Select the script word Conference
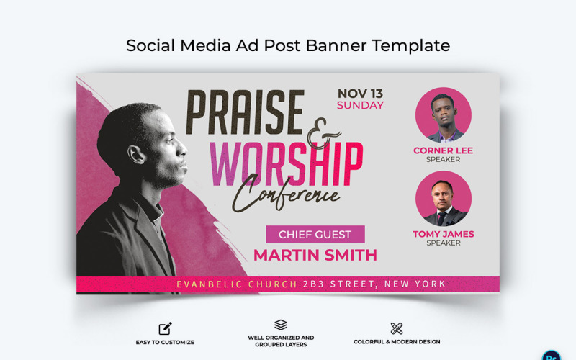point(286,192)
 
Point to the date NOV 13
point(360,93)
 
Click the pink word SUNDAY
point(360,105)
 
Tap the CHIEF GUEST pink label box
point(315,234)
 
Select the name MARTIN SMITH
point(315,255)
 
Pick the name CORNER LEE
point(443,150)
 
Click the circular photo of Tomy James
point(443,199)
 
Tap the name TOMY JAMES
point(443,234)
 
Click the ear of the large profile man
point(134,153)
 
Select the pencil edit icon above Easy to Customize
point(165,329)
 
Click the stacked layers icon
point(281,325)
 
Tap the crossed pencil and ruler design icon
point(397,329)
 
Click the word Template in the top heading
point(411,45)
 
